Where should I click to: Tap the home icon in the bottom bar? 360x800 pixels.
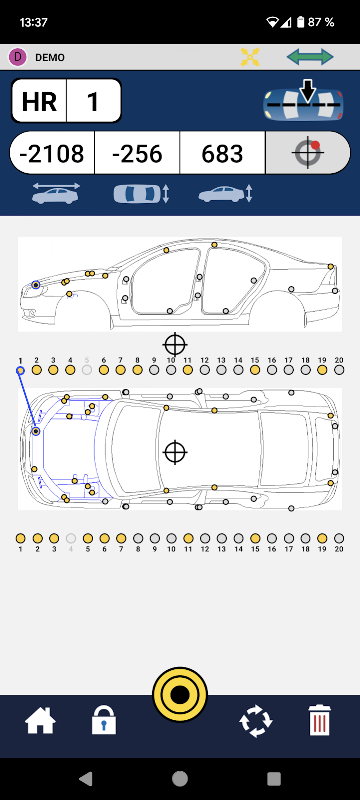coord(40,721)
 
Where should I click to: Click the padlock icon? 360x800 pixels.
coord(104,720)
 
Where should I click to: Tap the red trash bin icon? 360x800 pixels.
coord(320,720)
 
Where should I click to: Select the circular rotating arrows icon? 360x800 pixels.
coord(256,721)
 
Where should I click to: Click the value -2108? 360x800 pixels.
coord(52,153)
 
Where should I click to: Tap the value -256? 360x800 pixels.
coord(137,153)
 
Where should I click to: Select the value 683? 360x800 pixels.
coord(222,153)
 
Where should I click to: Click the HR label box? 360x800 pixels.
coord(39,101)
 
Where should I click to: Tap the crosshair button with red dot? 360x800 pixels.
coord(308,153)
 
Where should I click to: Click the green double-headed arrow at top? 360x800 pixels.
coord(310,57)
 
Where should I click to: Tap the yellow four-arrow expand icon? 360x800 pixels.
coord(250,57)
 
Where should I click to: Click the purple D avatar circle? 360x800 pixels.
coord(18,57)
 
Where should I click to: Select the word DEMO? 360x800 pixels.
coord(50,58)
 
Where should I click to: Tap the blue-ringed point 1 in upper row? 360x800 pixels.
coord(20,370)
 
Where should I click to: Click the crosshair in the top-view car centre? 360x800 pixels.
coord(175,452)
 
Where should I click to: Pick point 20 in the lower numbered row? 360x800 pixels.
coord(339,538)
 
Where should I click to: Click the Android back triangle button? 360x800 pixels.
coord(85,778)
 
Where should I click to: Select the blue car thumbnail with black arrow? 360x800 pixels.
coord(303,102)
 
